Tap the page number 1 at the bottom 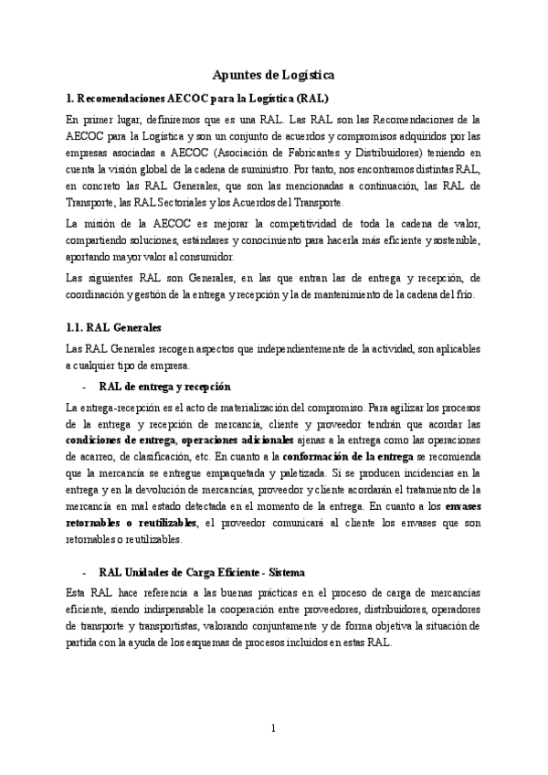[x=273, y=727]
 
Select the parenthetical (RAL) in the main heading [x=308, y=97]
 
